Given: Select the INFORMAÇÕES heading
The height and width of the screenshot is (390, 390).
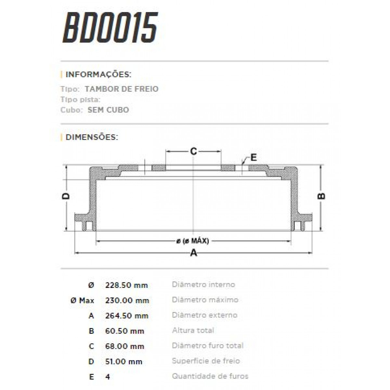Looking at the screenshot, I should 98,75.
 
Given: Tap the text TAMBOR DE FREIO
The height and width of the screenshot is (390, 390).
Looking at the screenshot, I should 122,89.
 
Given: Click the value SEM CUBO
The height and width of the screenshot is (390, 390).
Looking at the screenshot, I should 108,110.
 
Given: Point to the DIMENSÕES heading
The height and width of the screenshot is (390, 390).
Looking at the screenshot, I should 92,137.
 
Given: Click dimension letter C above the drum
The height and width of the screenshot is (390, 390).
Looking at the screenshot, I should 193,151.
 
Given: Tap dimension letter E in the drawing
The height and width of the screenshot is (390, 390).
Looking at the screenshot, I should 254,158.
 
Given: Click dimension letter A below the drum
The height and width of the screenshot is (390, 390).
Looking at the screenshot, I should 193,253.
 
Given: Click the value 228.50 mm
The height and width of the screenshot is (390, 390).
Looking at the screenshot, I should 126,285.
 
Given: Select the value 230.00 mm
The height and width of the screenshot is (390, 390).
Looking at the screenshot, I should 127,301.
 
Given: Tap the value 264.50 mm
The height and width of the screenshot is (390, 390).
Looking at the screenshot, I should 127,316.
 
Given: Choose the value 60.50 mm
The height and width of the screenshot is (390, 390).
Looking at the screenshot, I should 125,331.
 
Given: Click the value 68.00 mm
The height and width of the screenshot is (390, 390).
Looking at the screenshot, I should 125,346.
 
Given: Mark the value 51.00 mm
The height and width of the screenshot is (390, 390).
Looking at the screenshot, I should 124,362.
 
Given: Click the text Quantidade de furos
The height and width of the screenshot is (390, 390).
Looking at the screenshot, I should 210,376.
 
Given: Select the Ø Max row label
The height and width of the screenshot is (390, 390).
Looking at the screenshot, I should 82,301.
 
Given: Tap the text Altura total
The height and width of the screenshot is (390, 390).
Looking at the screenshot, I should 193,331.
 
